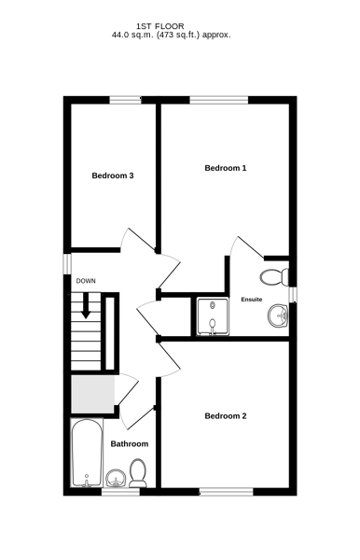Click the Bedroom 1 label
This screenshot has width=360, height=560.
click(225, 168)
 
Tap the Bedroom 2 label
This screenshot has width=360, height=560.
click(225, 416)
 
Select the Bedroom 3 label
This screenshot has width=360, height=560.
click(113, 175)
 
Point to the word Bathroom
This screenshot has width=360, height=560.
click(129, 444)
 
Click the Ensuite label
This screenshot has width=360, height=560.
click(252, 300)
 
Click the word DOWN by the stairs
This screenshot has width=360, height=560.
click(86, 281)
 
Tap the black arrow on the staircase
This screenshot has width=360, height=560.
click(86, 306)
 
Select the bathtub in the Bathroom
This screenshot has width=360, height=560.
click(87, 454)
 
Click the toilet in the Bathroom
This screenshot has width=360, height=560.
click(138, 473)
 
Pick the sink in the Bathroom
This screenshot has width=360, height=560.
click(116, 478)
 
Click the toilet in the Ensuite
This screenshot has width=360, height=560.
click(274, 277)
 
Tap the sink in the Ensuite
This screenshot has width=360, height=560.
click(278, 315)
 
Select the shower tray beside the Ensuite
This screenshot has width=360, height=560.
click(213, 316)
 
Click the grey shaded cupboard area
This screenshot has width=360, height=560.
click(92, 394)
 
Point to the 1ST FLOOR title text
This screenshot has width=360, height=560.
click(160, 26)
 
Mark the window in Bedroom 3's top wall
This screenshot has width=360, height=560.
click(125, 100)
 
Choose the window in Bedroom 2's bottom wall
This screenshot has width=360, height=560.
click(227, 492)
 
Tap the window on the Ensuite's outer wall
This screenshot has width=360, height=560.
click(293, 295)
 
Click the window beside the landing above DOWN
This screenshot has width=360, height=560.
click(67, 264)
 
